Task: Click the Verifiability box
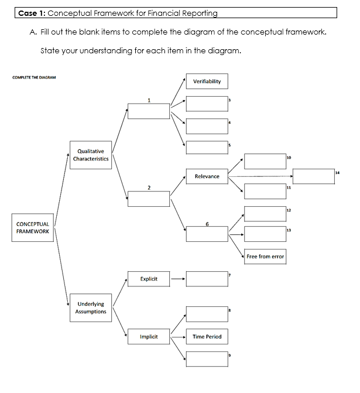click(x=207, y=81)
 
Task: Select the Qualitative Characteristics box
click(x=91, y=155)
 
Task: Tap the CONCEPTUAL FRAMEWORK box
click(x=33, y=227)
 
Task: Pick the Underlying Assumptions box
click(x=91, y=307)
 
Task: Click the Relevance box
click(x=207, y=176)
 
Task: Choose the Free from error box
click(x=265, y=257)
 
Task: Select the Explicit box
click(x=149, y=279)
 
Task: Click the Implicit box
click(x=149, y=337)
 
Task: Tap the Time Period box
click(x=207, y=337)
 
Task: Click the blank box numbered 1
click(x=149, y=111)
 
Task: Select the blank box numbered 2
click(x=149, y=199)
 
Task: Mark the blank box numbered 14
click(x=314, y=176)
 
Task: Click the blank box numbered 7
click(x=207, y=279)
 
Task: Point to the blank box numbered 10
click(x=265, y=161)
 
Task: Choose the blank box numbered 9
click(x=207, y=358)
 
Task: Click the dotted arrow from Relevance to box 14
click(x=260, y=176)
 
